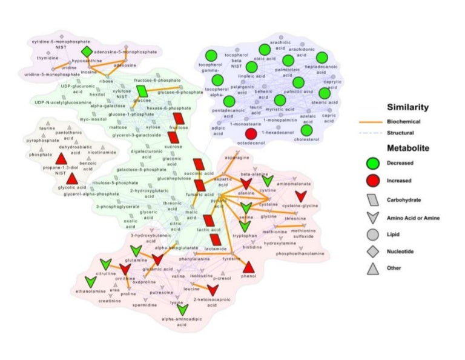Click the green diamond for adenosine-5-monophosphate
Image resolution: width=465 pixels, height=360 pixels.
(87, 52)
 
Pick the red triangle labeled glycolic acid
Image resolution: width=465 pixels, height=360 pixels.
(72, 179)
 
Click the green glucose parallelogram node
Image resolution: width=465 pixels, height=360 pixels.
(143, 91)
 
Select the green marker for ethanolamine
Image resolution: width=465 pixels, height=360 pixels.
(91, 281)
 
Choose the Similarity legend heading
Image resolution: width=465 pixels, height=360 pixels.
(408, 108)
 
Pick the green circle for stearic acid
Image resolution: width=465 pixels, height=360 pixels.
(325, 94)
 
